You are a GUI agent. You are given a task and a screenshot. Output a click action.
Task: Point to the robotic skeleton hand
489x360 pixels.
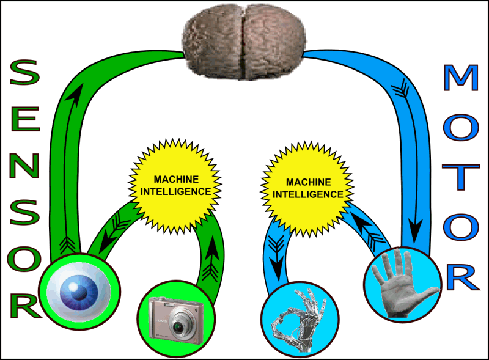click(299, 315)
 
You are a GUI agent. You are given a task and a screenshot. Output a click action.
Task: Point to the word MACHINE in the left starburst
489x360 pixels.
click(176, 180)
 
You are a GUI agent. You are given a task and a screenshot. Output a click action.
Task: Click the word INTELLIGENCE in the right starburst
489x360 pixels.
click(307, 194)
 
